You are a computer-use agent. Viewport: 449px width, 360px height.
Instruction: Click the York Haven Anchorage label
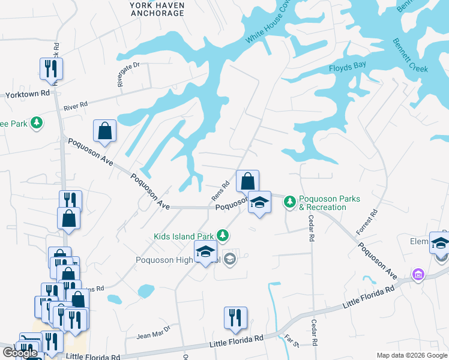[157, 8]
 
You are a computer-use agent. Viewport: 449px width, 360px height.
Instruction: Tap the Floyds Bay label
[347, 68]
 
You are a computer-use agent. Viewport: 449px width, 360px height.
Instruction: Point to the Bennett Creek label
[411, 56]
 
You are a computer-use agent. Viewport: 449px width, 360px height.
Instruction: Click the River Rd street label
[76, 106]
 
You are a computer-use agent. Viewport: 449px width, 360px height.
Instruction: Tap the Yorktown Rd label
[28, 95]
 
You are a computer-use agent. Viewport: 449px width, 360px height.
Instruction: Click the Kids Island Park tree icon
[223, 235]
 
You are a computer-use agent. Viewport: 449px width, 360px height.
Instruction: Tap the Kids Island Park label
[183, 236]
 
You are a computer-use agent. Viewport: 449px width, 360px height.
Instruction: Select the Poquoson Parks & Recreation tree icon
[290, 202]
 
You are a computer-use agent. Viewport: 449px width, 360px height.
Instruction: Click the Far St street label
[292, 342]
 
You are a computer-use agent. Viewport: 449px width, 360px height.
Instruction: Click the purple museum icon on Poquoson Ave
[418, 275]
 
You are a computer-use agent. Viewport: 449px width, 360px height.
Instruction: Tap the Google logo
[20, 353]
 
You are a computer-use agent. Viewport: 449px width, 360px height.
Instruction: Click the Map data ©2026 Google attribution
[412, 355]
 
